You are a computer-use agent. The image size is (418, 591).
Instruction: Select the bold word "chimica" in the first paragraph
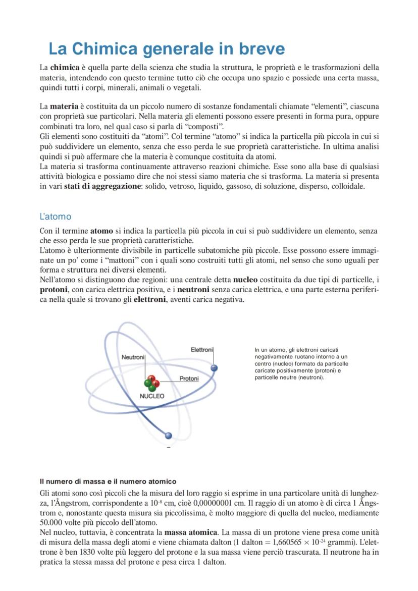65,68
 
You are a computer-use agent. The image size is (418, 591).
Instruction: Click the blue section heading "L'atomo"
56,217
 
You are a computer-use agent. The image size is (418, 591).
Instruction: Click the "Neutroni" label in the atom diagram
133,357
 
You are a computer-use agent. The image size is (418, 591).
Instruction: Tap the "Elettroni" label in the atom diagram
202,350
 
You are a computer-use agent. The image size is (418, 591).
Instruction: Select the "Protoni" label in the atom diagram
189,379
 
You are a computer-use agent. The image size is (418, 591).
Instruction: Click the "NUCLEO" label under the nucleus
152,396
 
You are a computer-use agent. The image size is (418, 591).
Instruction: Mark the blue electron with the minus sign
214,368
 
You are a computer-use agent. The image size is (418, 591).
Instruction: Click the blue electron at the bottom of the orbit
169,436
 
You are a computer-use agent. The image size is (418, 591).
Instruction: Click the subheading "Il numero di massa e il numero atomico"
108,481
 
